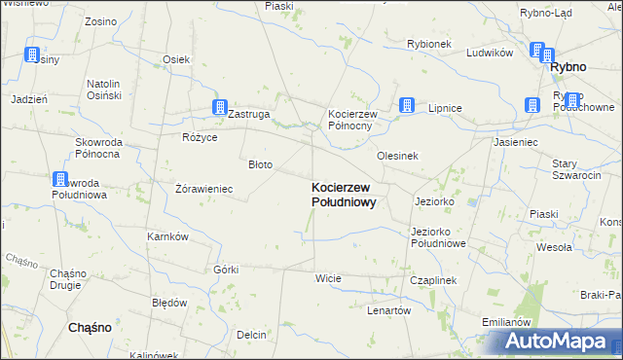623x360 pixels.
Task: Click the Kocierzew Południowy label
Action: (344, 194)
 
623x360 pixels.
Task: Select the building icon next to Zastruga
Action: (220, 108)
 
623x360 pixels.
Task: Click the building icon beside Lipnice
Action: (407, 105)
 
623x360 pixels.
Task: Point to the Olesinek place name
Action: (397, 156)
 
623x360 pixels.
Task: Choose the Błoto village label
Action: (260, 164)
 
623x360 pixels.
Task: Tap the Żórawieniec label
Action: (202, 189)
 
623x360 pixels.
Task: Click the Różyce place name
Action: (199, 137)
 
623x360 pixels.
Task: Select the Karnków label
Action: (167, 237)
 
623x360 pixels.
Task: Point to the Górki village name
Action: (225, 270)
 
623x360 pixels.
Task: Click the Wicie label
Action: (328, 278)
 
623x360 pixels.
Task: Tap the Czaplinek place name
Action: (433, 279)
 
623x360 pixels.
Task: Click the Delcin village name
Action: (250, 335)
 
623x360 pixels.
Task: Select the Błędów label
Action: (169, 303)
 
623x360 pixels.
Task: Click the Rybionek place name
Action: (429, 44)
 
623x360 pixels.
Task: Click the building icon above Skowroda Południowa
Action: (60, 180)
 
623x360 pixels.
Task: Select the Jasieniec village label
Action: (516, 142)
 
